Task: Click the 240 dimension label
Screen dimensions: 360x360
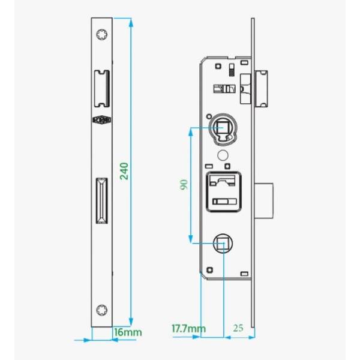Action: [x=124, y=171]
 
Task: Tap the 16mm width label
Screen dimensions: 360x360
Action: [x=128, y=332]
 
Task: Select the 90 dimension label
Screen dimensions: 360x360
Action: [x=184, y=185]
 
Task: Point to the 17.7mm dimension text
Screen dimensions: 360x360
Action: [x=188, y=329]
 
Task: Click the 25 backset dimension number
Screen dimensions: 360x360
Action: [x=238, y=328]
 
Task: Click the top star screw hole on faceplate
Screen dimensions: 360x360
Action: [x=102, y=35]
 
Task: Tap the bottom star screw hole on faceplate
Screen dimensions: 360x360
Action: [x=102, y=310]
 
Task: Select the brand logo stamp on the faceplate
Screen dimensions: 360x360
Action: [x=102, y=119]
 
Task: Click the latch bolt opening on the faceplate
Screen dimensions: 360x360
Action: [x=102, y=89]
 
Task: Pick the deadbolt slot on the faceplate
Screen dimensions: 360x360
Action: [x=102, y=200]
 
